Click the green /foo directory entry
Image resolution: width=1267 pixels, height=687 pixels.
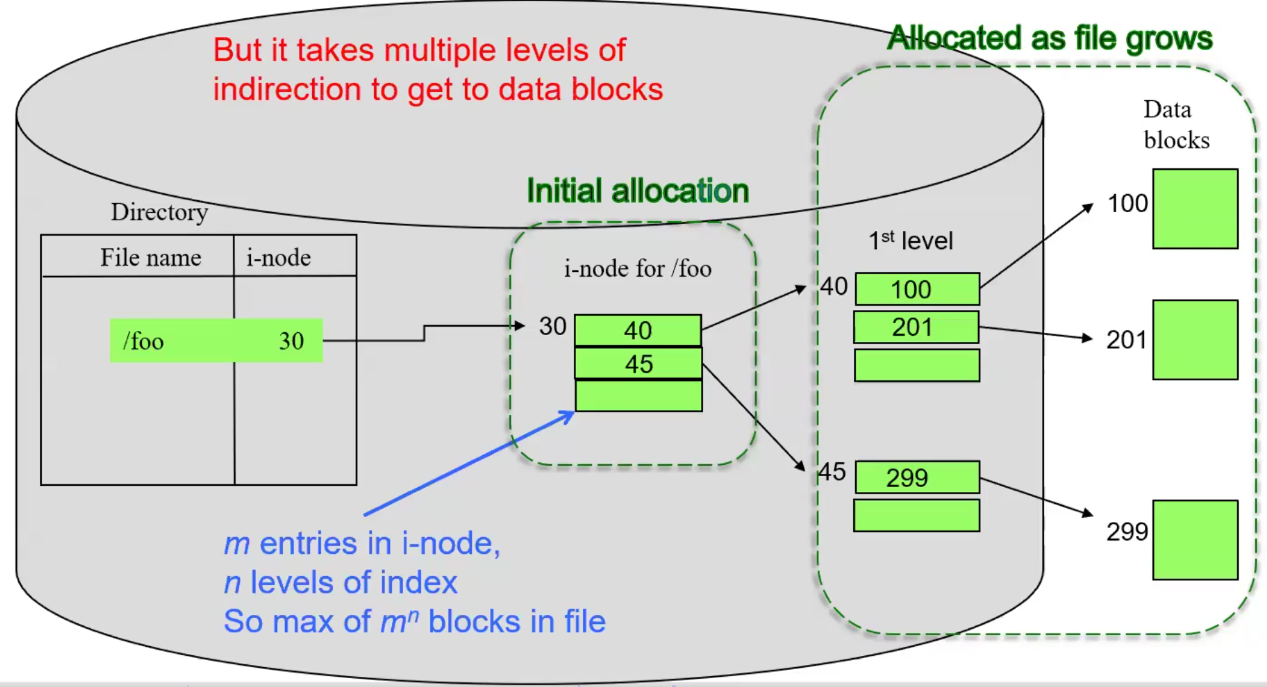pos(216,340)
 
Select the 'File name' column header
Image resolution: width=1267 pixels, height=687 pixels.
pos(150,258)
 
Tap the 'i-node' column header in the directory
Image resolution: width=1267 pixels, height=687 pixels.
pos(278,258)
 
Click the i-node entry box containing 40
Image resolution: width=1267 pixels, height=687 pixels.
pos(638,330)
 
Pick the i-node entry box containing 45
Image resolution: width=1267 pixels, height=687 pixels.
pos(638,363)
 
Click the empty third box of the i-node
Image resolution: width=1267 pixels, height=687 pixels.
pos(638,396)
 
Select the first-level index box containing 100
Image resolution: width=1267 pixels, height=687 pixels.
pos(916,289)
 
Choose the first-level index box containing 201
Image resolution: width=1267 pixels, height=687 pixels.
pos(916,327)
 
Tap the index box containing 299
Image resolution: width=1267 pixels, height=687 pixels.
pos(916,477)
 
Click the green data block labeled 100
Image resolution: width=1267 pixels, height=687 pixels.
pos(1195,208)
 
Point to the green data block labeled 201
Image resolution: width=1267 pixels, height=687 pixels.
pos(1195,339)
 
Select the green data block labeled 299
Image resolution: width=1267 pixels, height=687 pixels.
pos(1195,540)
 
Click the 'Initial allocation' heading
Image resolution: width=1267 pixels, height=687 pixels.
pos(638,191)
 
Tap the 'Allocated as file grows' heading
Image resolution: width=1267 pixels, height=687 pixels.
pos(1050,38)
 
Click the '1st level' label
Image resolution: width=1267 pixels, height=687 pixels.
pos(910,240)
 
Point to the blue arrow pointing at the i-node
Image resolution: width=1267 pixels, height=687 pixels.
pos(468,464)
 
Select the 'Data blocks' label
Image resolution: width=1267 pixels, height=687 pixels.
pos(1175,125)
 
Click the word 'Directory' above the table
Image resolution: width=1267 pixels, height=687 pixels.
pos(159,212)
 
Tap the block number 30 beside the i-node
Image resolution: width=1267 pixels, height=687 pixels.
pos(552,326)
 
